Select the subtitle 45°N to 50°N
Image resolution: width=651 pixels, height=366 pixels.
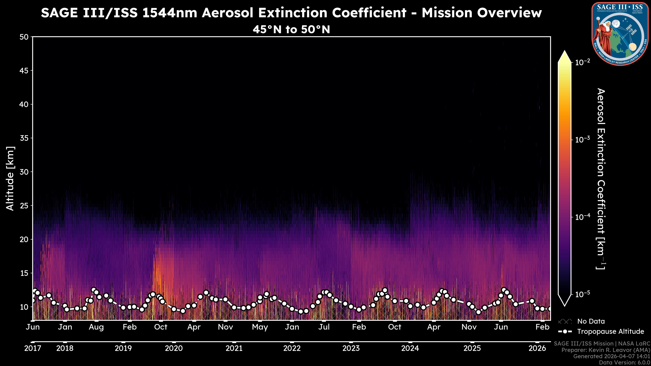pos(291,29)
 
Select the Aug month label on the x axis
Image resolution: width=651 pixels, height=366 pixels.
pos(96,327)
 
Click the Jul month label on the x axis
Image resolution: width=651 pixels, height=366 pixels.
pos(324,327)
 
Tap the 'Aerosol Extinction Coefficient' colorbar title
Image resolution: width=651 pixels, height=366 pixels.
pos(601,179)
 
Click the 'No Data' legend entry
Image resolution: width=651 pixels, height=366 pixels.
pos(591,321)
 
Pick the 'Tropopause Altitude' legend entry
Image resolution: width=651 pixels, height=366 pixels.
pos(610,331)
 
